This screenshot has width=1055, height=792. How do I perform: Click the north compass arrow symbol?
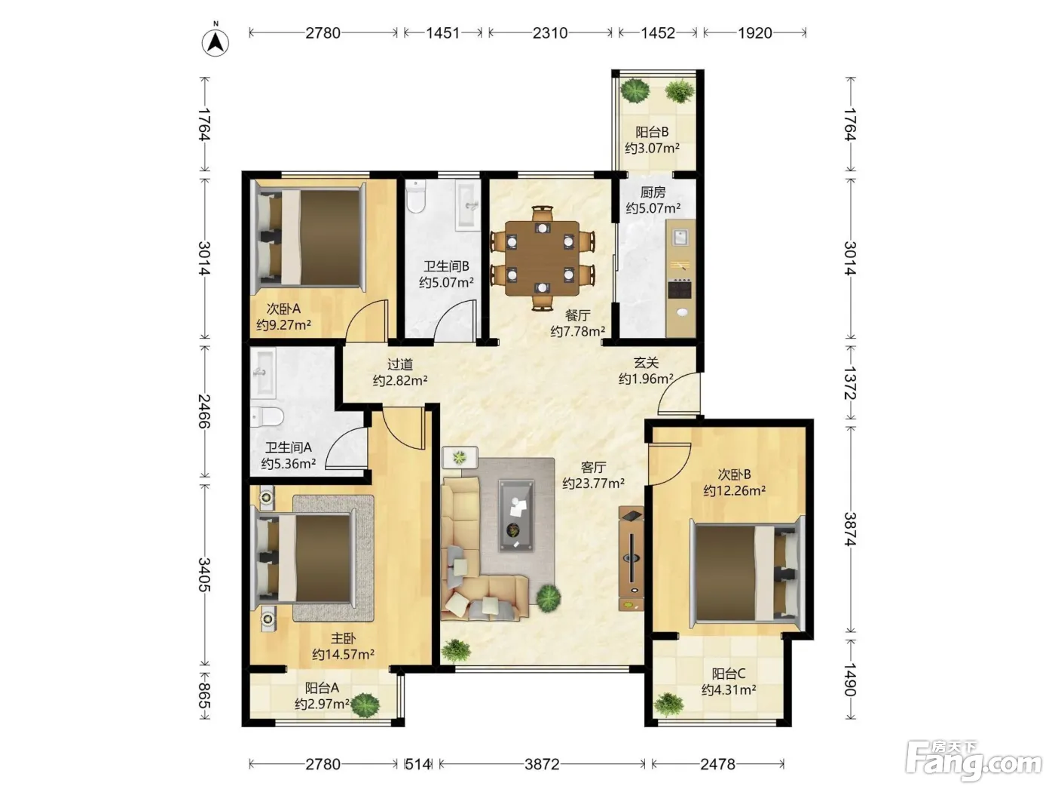[x=216, y=42]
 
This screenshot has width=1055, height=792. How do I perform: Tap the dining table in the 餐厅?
[x=542, y=258]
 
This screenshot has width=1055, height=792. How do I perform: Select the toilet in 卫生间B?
[x=415, y=196]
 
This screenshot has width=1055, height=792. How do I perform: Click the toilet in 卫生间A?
[x=267, y=416]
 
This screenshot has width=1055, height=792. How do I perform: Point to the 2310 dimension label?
[x=550, y=32]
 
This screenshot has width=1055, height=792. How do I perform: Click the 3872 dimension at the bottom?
[x=542, y=763]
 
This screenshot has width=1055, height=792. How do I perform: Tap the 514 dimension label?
[x=417, y=763]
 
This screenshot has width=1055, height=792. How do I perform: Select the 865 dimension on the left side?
[x=205, y=695]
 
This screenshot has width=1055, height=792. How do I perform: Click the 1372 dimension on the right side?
[x=850, y=382]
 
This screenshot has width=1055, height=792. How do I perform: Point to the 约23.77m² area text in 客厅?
[x=593, y=483]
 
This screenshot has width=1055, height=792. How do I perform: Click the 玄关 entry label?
[x=646, y=363]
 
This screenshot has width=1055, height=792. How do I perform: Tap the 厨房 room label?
[x=653, y=192]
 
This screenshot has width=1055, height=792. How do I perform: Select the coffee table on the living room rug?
[x=515, y=515]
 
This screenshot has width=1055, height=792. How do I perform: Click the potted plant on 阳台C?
[x=668, y=704]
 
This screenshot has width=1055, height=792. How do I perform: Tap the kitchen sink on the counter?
[x=680, y=237]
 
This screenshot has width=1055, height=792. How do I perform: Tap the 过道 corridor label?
[x=400, y=364]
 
